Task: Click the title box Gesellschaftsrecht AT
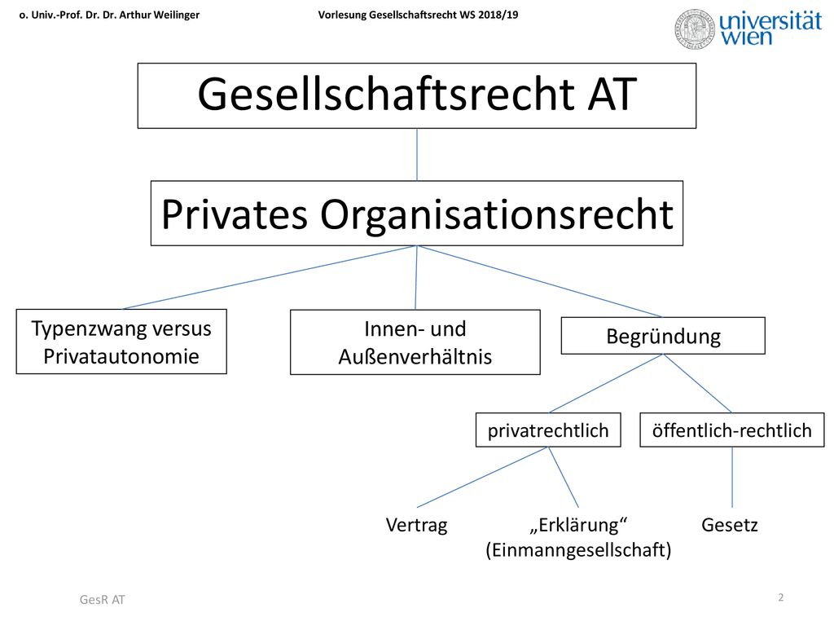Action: pyautogui.click(x=416, y=96)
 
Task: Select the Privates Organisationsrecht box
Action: pyautogui.click(x=416, y=214)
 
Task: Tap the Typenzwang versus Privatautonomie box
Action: pyautogui.click(x=121, y=342)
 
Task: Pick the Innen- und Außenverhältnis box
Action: pyautogui.click(x=415, y=342)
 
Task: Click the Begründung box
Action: pyautogui.click(x=663, y=336)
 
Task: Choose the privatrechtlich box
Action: pyautogui.click(x=548, y=430)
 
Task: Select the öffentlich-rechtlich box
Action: pyautogui.click(x=732, y=430)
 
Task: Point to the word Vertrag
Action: pyautogui.click(x=416, y=526)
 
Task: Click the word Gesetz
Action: pyautogui.click(x=729, y=525)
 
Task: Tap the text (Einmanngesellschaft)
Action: pyautogui.click(x=578, y=550)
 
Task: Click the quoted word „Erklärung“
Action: pyautogui.click(x=578, y=525)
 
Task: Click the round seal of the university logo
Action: pyautogui.click(x=694, y=29)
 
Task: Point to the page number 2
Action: pyautogui.click(x=781, y=597)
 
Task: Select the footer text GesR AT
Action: pyautogui.click(x=102, y=600)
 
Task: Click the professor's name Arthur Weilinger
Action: pyautogui.click(x=159, y=15)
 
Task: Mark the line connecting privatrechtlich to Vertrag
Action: pyautogui.click(x=482, y=477)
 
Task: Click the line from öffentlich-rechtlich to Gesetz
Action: pyautogui.click(x=732, y=477)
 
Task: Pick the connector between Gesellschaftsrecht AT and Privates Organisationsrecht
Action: pyautogui.click(x=417, y=155)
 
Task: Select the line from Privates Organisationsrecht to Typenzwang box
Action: pyautogui.click(x=269, y=277)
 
